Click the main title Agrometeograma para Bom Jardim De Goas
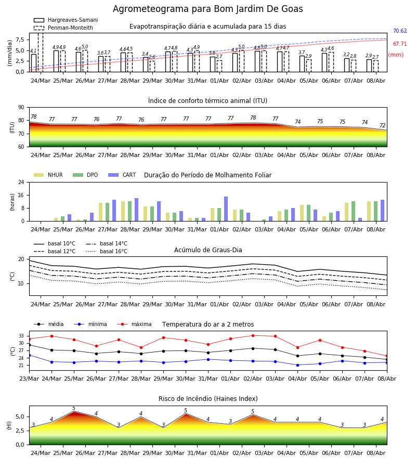(207, 9)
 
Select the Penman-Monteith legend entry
(63, 28)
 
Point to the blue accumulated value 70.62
(400, 31)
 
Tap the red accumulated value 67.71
(400, 44)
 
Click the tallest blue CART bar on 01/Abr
(226, 209)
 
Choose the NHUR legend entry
(48, 175)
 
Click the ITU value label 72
(382, 126)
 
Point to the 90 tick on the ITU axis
(21, 108)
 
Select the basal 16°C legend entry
(107, 251)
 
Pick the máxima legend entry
(134, 324)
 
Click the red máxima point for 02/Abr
(253, 335)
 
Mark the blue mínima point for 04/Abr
(298, 365)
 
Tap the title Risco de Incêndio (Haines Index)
(208, 399)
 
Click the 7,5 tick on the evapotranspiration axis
(20, 40)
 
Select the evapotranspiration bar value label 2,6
(152, 57)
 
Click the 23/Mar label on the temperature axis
(29, 379)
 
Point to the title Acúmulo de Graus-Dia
(208, 250)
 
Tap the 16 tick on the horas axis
(21, 195)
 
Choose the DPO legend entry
(85, 175)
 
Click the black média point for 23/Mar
(29, 345)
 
